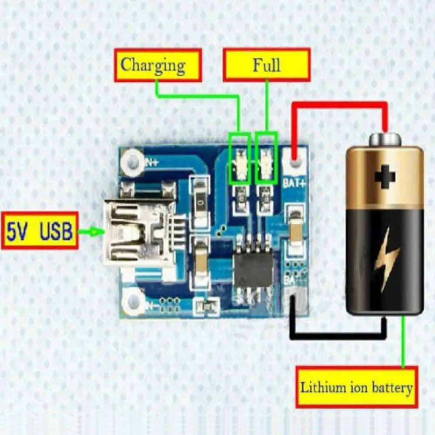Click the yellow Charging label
click(x=157, y=65)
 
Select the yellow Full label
click(x=266, y=65)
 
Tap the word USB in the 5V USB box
click(x=56, y=231)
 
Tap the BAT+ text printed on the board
click(x=294, y=183)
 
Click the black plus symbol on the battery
click(x=385, y=177)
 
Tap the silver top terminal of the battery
click(x=385, y=140)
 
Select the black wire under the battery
click(x=339, y=335)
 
